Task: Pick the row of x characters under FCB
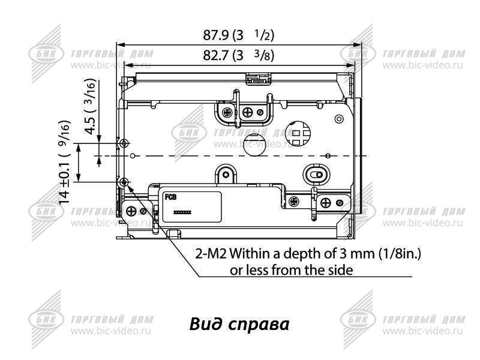pos(182,213)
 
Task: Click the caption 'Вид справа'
pos(239,325)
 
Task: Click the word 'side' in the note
pos(340,270)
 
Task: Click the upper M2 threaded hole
pos(124,143)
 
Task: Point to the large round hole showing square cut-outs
pos(298,133)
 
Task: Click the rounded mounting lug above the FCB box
pos(226,175)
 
